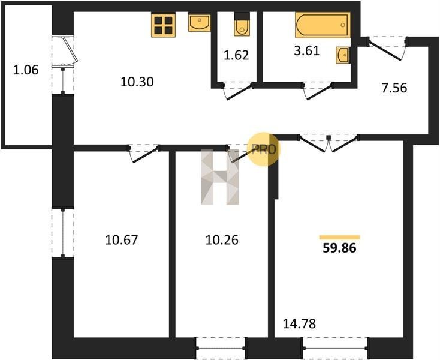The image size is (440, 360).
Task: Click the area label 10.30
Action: [x=137, y=82]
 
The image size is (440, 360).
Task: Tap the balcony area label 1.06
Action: [x=26, y=70]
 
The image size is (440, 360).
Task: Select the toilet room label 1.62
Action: [x=236, y=55]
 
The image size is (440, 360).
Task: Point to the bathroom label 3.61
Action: [x=307, y=51]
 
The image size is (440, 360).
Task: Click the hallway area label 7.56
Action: [x=394, y=88]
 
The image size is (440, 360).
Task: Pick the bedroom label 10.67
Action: [x=122, y=240]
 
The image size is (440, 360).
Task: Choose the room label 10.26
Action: [x=222, y=240]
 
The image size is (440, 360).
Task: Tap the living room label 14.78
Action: [x=299, y=324]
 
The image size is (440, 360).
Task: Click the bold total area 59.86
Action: [x=339, y=248]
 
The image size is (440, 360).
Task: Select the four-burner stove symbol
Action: [x=163, y=25]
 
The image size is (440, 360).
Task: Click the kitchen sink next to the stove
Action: [x=200, y=23]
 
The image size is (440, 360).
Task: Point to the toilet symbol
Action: [x=242, y=24]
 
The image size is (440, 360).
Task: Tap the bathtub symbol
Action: [x=323, y=25]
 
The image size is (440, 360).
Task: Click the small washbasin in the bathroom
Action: [x=343, y=55]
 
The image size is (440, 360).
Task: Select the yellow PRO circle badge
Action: [x=263, y=149]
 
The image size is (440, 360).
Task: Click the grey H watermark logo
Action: [x=220, y=177]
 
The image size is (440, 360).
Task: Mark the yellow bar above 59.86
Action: [x=339, y=237]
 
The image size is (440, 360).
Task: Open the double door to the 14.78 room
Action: [x=329, y=143]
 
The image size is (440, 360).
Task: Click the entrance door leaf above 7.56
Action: [x=385, y=50]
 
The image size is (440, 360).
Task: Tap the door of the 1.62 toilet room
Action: [x=238, y=91]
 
